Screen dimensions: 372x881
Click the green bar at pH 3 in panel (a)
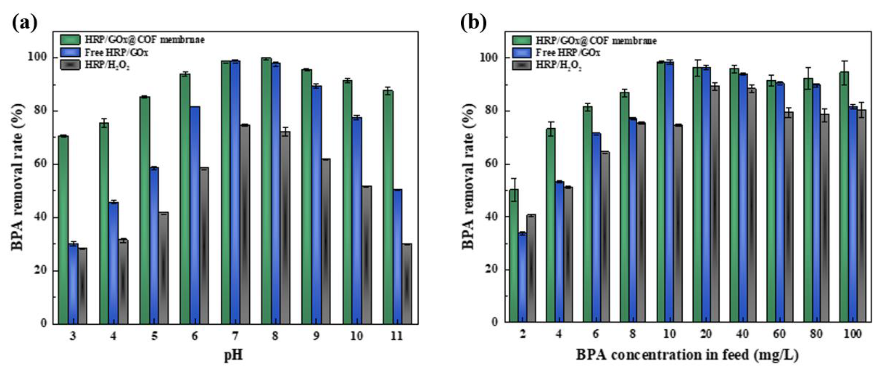pos(63,229)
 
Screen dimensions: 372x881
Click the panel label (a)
pos(24,23)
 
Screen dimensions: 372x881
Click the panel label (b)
pos(473,23)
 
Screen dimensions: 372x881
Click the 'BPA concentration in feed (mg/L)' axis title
pos(687,355)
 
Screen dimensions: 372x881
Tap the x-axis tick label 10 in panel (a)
pos(356,336)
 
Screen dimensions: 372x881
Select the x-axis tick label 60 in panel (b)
pos(779,334)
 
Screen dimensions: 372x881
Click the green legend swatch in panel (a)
pos(70,40)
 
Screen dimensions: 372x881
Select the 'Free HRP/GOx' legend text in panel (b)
pos(568,53)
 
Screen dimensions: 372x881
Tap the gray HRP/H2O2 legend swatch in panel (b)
pos(522,65)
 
